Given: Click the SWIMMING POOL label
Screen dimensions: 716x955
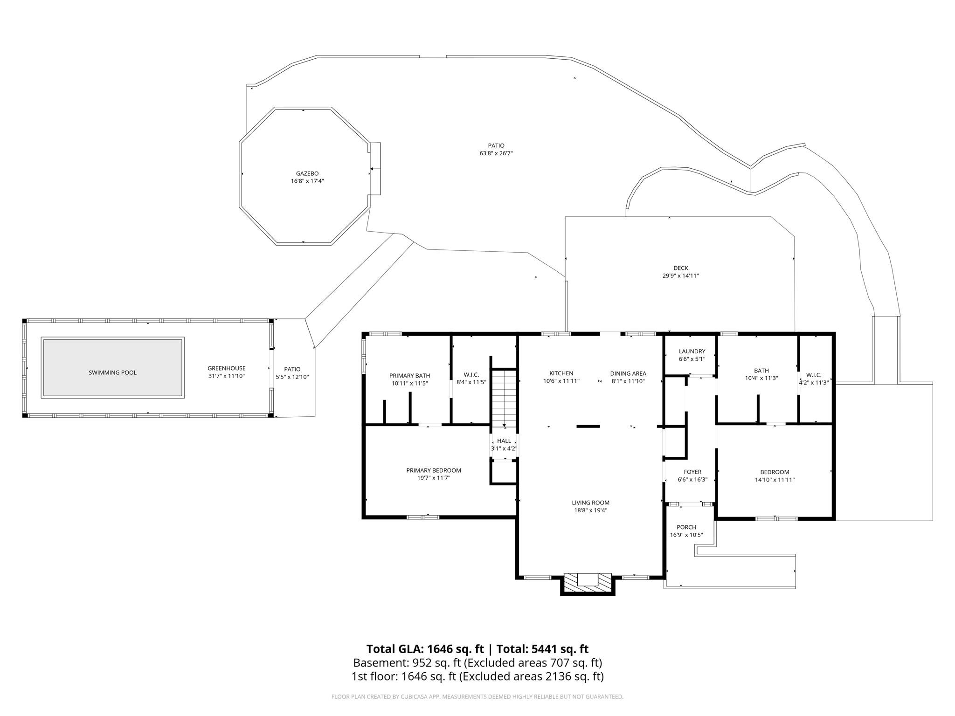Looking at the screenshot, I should pos(112,372).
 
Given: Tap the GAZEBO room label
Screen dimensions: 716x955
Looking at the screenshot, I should pos(307,173).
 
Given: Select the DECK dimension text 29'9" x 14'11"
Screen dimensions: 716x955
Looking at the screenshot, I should pos(680,275).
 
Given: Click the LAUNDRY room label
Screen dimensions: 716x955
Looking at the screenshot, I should pos(692,351).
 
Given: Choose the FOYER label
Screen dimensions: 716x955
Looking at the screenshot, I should pos(692,472).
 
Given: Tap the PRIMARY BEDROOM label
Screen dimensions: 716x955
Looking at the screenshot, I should pos(433,470).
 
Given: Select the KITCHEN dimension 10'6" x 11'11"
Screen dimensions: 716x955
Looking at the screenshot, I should pos(561,381).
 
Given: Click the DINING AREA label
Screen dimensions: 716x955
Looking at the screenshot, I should pos(628,373).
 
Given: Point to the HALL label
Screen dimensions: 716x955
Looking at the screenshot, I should pos(504,441).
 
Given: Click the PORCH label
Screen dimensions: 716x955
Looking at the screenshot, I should pos(686,527).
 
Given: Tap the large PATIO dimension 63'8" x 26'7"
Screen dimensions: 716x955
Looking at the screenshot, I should pos(496,153).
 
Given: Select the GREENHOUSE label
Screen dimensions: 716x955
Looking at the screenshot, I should pos(226,368).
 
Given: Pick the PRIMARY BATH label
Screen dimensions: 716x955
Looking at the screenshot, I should pos(409,376).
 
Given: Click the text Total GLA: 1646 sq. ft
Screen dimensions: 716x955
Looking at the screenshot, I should pos(424,649).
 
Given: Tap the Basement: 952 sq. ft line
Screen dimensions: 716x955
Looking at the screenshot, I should pos(407,662).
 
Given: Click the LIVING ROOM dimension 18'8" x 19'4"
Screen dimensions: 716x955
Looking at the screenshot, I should pos(590,510).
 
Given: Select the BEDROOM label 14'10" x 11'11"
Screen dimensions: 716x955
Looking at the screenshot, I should pos(774,472).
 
